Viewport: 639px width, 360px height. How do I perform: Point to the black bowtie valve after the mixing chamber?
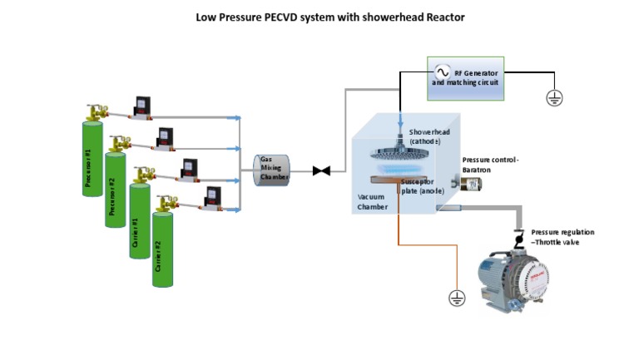(x=321, y=171)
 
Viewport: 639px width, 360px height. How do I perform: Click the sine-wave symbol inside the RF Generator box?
(x=442, y=72)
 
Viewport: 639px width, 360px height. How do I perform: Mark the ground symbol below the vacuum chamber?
(x=454, y=297)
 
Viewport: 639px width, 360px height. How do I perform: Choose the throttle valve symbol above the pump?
(x=519, y=239)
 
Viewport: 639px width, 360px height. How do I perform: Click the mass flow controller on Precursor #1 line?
(x=141, y=107)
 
